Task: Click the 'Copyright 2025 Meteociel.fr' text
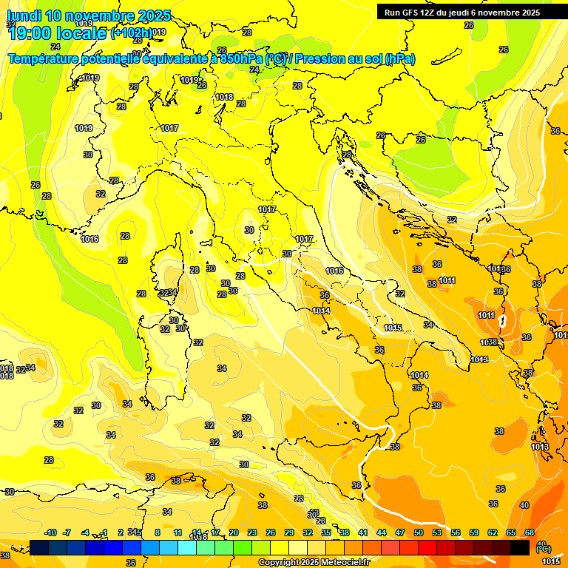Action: pyautogui.click(x=314, y=562)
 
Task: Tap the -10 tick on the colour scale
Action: pyautogui.click(x=51, y=532)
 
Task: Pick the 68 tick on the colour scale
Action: pyautogui.click(x=530, y=532)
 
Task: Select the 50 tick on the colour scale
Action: pyautogui.click(x=419, y=532)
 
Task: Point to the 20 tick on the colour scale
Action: pyautogui.click(x=234, y=532)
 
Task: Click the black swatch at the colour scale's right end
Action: pyautogui.click(x=520, y=547)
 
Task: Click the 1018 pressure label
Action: pyautogui.click(x=224, y=97)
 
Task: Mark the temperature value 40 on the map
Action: pyautogui.click(x=524, y=505)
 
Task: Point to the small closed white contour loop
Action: pyautogui.click(x=503, y=321)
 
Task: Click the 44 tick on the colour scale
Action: pyautogui.click(x=382, y=532)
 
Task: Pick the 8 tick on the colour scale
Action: pyautogui.click(x=158, y=532)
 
